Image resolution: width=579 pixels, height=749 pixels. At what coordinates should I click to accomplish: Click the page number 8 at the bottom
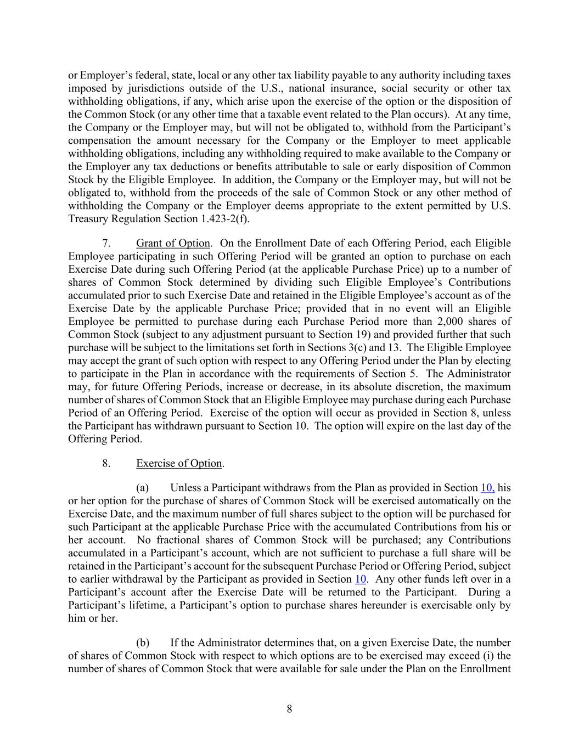point(289,709)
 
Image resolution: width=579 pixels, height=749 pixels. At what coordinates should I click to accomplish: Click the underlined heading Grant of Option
point(173,243)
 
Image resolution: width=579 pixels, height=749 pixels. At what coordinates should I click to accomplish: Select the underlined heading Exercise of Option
point(179,463)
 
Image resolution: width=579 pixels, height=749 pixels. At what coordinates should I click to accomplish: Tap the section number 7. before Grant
point(106,243)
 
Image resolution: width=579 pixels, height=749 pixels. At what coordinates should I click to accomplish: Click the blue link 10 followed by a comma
point(487,487)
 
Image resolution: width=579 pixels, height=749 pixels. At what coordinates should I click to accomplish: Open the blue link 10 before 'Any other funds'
point(361,579)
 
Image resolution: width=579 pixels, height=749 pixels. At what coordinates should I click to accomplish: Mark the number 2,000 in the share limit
point(448,322)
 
